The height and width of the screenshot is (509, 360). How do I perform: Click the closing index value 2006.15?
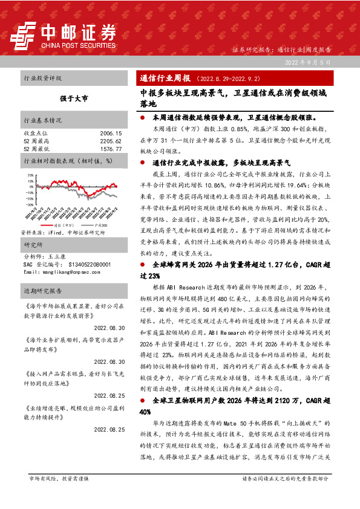111,132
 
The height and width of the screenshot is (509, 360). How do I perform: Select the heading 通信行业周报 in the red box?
165,79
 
